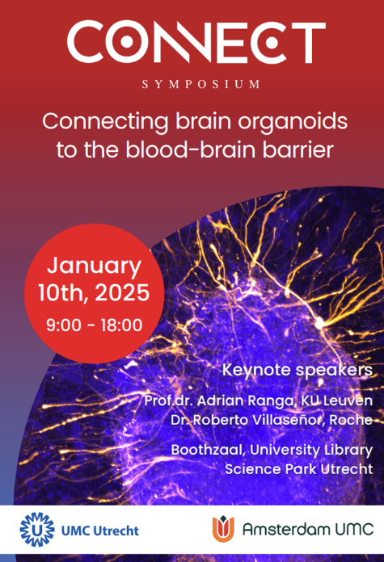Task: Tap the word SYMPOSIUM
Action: tap(201, 84)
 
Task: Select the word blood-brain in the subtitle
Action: tap(187, 149)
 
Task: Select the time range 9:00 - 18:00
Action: tap(94, 325)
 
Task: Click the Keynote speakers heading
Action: tap(297, 371)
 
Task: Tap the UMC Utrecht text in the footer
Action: tap(100, 531)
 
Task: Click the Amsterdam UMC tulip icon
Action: tap(223, 529)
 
